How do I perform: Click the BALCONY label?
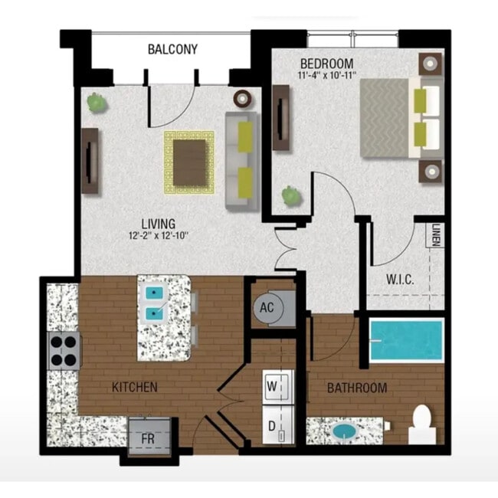172,50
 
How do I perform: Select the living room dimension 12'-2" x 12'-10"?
159,236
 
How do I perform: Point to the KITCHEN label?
135,387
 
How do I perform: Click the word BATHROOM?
357,388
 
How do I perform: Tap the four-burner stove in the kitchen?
64,350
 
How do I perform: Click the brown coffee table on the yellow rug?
189,162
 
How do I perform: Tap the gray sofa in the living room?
241,161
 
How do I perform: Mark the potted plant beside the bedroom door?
291,196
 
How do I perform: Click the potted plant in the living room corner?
96,102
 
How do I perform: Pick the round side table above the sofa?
243,98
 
